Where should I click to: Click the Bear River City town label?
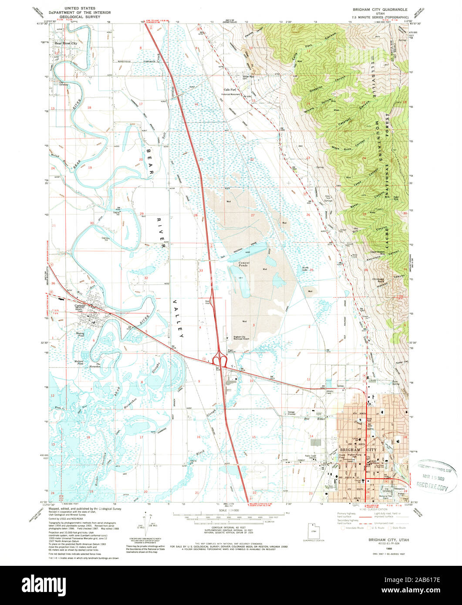(x=65, y=44)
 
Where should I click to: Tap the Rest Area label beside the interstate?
(x=208, y=301)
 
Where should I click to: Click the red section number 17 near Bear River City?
(x=141, y=104)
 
